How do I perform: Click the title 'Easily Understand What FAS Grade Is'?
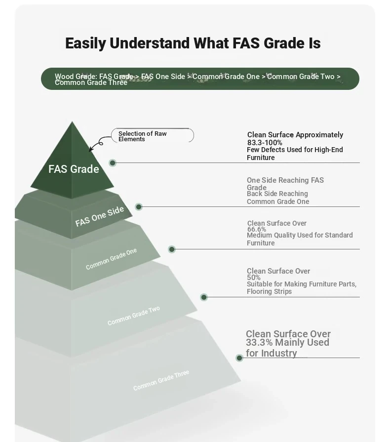click(x=193, y=43)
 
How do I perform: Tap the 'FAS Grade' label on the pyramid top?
click(x=74, y=169)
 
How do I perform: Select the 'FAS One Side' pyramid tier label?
click(x=99, y=216)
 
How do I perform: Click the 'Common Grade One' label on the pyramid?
click(x=111, y=259)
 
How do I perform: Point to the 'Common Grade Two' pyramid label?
click(x=134, y=316)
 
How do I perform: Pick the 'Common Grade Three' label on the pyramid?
click(x=161, y=380)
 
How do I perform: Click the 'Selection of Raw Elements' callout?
click(x=153, y=136)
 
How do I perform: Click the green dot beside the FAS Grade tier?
click(x=113, y=162)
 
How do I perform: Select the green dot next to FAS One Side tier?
click(x=139, y=207)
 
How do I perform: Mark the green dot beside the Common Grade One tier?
click(x=172, y=249)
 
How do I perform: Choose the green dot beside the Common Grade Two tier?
click(x=204, y=297)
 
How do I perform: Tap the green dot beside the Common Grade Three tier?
click(x=239, y=358)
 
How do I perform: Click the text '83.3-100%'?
click(x=265, y=143)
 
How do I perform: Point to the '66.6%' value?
click(x=256, y=229)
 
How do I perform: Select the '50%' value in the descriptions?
click(x=254, y=278)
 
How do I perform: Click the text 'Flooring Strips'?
click(x=269, y=291)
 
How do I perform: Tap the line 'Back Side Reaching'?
click(x=277, y=194)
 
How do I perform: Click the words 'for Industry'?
click(x=272, y=353)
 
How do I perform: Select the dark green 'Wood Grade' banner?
click(x=200, y=79)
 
